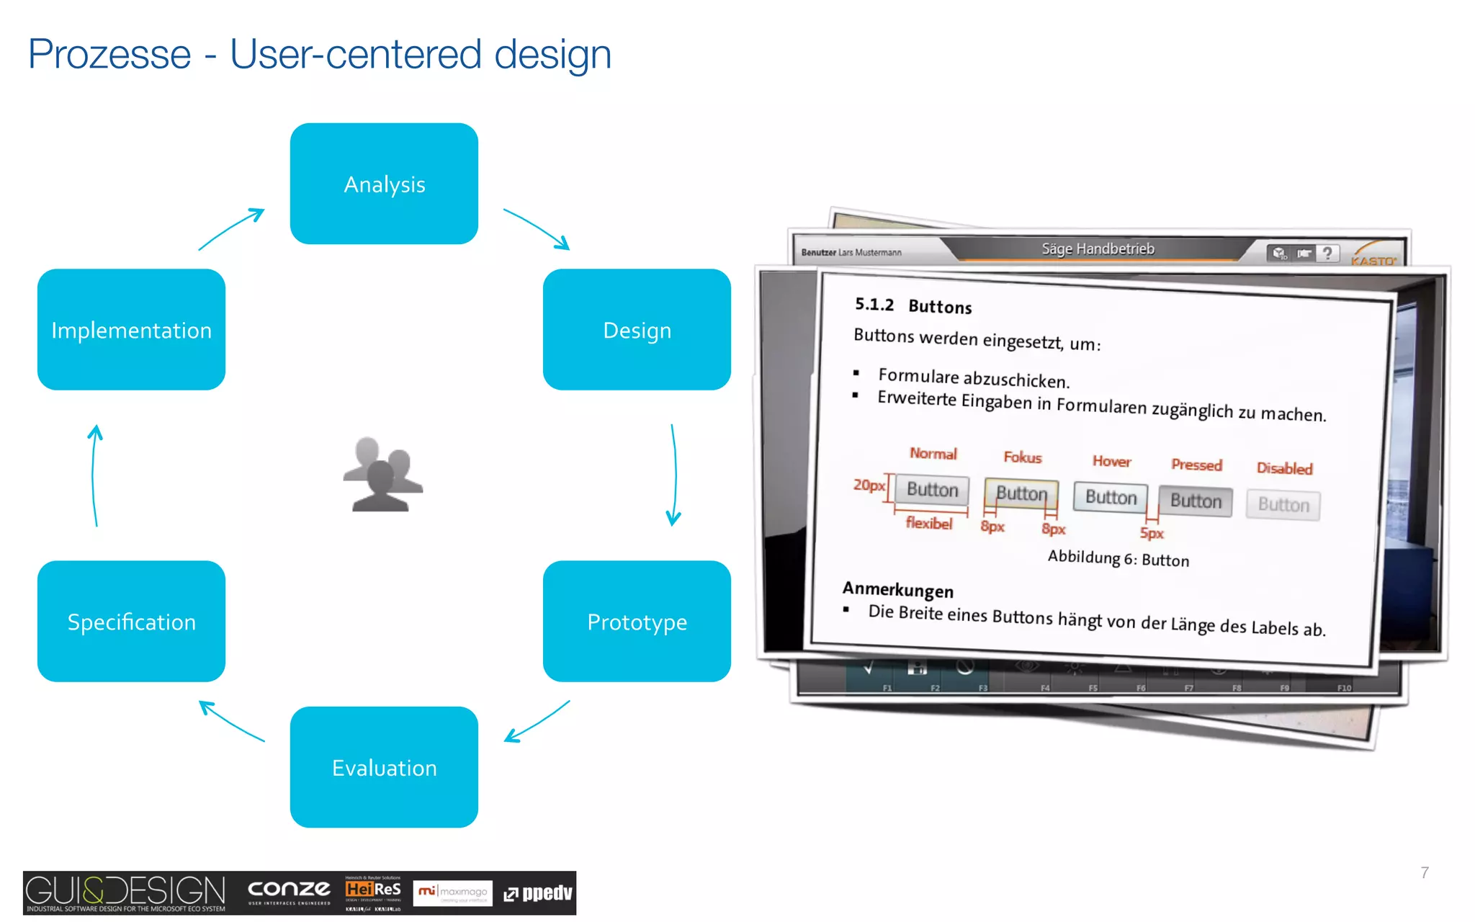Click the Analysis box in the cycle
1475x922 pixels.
pos(384,184)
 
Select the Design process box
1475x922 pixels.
pos(637,330)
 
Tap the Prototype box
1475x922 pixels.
pos(637,622)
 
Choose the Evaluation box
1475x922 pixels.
pos(384,768)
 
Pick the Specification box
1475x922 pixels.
pos(131,622)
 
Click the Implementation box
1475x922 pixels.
pos(131,330)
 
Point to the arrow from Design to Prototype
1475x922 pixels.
pos(674,475)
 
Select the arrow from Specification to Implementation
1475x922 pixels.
pos(94,475)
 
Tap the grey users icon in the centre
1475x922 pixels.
pos(383,475)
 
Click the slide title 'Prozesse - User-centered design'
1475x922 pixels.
pos(319,54)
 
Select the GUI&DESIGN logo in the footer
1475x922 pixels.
pos(125,892)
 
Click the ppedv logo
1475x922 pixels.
pos(538,893)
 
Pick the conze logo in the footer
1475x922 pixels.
pos(289,891)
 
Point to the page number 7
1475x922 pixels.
pos(1424,872)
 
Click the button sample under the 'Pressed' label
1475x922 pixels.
pos(1196,501)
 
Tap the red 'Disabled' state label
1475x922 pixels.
pos(1284,468)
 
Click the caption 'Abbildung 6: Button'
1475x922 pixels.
pos(1118,558)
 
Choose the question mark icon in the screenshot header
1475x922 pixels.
pos(1327,253)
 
